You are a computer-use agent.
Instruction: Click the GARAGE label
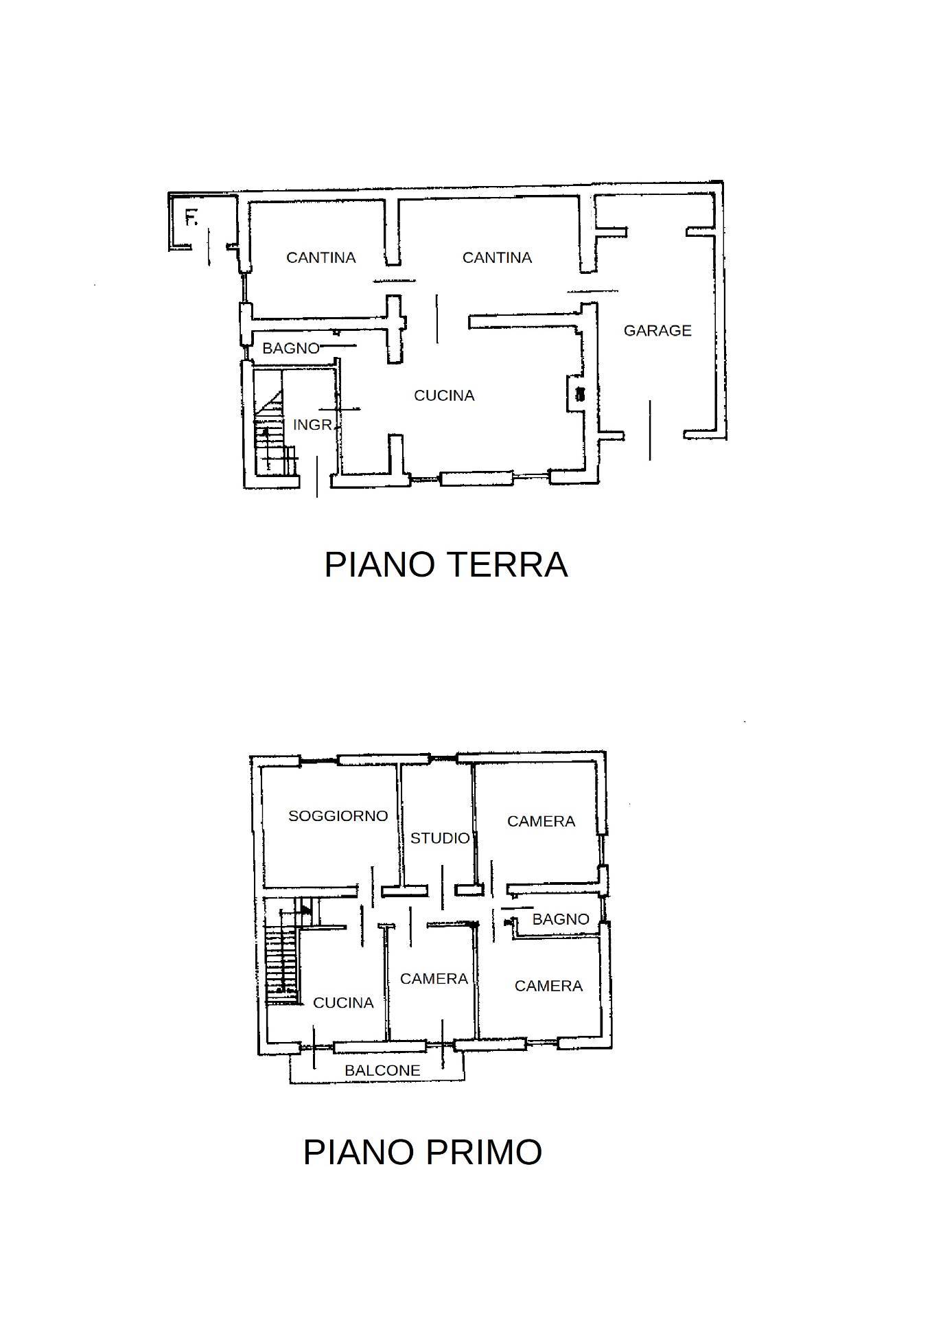tap(657, 331)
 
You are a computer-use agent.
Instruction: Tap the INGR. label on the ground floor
tap(313, 425)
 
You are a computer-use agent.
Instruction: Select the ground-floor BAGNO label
tap(291, 349)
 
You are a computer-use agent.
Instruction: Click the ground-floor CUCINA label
tap(444, 395)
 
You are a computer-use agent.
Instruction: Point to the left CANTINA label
tap(321, 257)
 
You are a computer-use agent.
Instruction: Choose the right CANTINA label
tap(497, 257)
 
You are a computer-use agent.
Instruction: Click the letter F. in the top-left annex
tap(191, 219)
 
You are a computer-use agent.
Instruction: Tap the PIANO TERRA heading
tap(446, 564)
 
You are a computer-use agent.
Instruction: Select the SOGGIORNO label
tap(338, 816)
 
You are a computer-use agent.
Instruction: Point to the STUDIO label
tap(440, 838)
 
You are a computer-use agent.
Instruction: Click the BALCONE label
tap(382, 1070)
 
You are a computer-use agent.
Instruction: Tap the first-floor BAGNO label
tap(561, 919)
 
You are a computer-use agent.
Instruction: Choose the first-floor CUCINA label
tap(343, 1003)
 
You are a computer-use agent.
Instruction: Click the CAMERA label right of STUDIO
tap(541, 822)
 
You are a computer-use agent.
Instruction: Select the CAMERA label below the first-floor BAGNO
tap(548, 986)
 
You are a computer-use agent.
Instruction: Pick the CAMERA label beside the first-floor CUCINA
tap(434, 979)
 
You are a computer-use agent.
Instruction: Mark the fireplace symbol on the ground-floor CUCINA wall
tap(581, 394)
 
